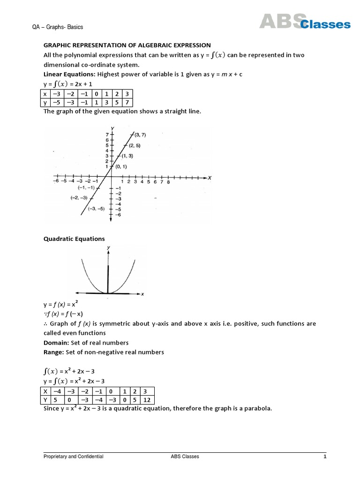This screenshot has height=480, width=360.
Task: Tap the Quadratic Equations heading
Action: point(74,239)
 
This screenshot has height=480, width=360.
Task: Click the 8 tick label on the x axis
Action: point(168,182)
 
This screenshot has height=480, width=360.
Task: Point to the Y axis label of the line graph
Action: point(112,128)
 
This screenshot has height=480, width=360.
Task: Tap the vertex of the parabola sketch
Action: point(108,293)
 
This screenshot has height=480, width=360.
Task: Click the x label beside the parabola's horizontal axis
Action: point(142,294)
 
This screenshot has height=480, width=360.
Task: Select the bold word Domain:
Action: point(57,343)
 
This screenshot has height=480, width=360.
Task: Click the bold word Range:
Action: point(54,352)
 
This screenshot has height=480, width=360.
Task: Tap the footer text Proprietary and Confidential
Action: point(73,457)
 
